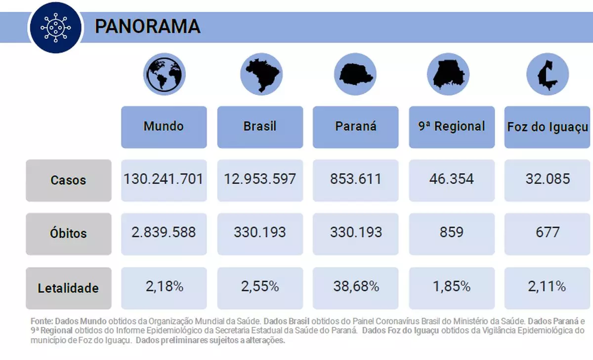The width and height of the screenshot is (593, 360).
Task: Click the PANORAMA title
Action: click(x=147, y=26)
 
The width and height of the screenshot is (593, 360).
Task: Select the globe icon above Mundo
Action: click(x=164, y=76)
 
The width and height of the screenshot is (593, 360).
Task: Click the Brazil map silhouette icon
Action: click(x=260, y=75)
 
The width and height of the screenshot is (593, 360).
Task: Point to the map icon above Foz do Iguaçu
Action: click(x=548, y=75)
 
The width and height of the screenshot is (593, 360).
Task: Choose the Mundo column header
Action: click(x=164, y=127)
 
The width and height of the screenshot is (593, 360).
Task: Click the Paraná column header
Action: click(x=355, y=127)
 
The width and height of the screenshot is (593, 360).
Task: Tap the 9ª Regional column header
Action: click(x=452, y=127)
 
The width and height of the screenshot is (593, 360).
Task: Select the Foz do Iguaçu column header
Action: click(x=548, y=127)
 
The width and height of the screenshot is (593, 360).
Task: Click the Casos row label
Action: click(x=68, y=180)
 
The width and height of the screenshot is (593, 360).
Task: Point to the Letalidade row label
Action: click(x=68, y=288)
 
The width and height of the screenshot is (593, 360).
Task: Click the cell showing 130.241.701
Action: click(x=164, y=179)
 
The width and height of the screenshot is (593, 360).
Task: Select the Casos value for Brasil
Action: click(x=260, y=179)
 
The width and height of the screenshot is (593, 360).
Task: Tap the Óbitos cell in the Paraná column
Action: click(x=356, y=232)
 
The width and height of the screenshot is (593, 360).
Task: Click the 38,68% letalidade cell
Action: click(x=356, y=286)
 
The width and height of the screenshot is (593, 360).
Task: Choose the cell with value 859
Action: click(x=451, y=232)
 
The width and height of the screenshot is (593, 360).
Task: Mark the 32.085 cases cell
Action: click(x=548, y=179)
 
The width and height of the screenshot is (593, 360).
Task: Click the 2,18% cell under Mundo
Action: click(x=164, y=286)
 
